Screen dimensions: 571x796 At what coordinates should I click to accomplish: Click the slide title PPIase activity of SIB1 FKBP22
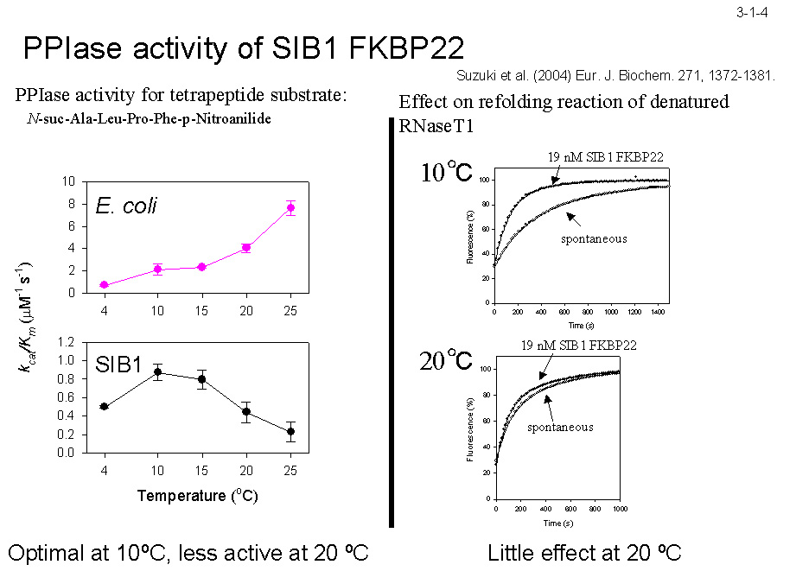tap(244, 48)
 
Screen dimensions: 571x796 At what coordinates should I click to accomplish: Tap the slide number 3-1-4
tap(753, 12)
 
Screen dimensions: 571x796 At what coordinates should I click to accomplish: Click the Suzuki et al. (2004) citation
tap(615, 76)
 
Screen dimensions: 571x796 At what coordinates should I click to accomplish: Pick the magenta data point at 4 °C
tap(104, 285)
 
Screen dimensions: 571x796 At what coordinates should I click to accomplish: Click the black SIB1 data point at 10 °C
tap(157, 371)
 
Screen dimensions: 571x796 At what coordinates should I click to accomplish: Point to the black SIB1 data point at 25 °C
tap(291, 431)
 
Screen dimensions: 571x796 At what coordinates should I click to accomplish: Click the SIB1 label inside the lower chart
tap(118, 365)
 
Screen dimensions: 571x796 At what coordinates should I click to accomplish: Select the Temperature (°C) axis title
tap(198, 496)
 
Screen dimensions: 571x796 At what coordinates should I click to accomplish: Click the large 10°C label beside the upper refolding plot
tap(446, 172)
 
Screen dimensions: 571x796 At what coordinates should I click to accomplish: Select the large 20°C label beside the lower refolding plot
tap(446, 360)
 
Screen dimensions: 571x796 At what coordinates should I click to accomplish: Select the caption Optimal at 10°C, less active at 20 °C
tap(188, 553)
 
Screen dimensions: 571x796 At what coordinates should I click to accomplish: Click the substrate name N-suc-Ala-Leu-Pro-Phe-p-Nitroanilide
tap(150, 118)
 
